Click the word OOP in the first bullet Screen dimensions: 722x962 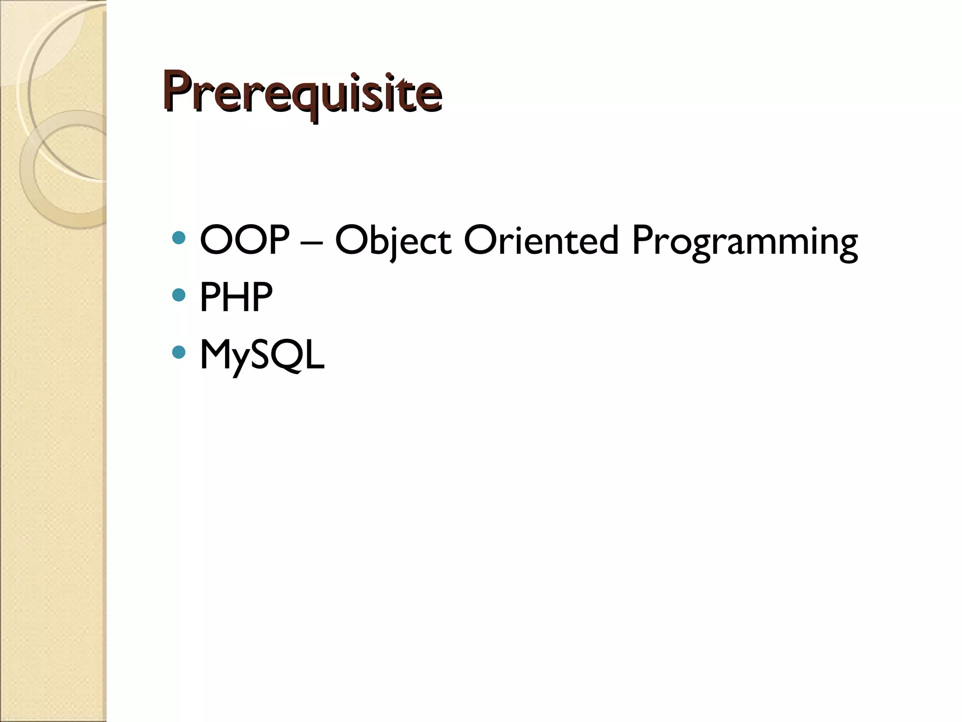click(x=244, y=240)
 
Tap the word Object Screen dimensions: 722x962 click(x=393, y=240)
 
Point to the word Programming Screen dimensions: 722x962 click(x=745, y=241)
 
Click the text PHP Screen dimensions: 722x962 click(x=236, y=297)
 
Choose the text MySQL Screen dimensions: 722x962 click(x=262, y=355)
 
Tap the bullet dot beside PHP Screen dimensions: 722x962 click(x=179, y=295)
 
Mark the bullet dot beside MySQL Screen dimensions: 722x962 click(x=179, y=352)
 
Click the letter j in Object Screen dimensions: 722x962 click(x=392, y=244)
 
